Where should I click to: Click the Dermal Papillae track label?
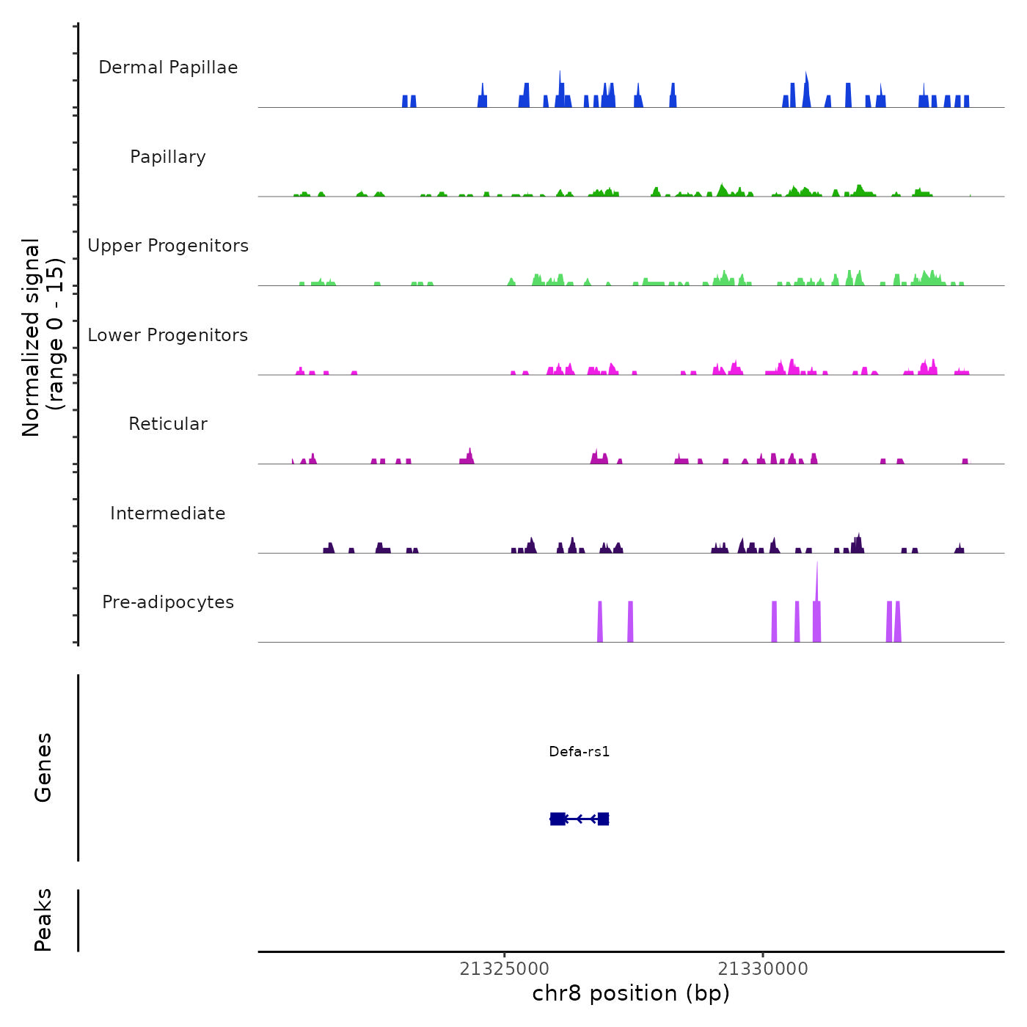pos(168,67)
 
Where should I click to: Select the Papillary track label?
pos(168,157)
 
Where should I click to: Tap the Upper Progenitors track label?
pos(168,246)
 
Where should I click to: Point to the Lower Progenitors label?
pos(168,335)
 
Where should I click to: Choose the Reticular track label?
pos(168,424)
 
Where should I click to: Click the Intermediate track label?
pos(168,513)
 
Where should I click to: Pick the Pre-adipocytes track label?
pos(168,602)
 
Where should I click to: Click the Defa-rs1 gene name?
pos(579,752)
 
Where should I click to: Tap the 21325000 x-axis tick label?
pos(505,969)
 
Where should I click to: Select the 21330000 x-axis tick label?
pos(763,969)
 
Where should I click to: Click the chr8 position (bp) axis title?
pos(631,993)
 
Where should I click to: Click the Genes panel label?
pos(43,767)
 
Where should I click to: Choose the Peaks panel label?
pos(43,920)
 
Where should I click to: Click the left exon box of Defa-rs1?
pos(558,819)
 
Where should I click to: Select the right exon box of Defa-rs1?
pos(603,819)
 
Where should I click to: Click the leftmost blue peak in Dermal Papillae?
pos(405,101)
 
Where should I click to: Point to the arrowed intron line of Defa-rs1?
pos(581,819)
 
